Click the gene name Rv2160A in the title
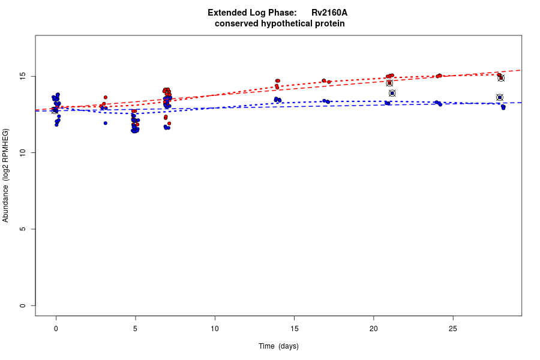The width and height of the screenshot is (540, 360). point(329,13)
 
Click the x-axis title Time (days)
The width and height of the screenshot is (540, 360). point(278,346)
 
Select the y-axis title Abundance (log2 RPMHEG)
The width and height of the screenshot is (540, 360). point(6,175)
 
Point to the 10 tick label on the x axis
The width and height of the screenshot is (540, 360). point(215,329)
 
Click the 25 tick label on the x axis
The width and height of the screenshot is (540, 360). point(453,329)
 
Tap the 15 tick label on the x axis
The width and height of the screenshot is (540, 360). point(294,329)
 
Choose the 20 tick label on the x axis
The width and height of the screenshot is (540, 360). point(373,329)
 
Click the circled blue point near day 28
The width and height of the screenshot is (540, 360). point(500,97)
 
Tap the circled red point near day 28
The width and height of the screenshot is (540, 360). point(501,78)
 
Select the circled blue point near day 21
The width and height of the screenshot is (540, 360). point(392,93)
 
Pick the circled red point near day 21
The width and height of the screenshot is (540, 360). point(389,83)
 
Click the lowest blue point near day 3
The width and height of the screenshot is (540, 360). point(106,123)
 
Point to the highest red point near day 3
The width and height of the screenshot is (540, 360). point(106,97)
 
